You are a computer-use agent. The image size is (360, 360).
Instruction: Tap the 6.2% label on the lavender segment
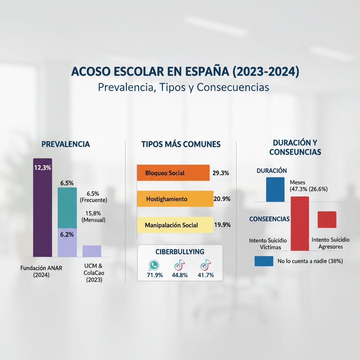point(67,235)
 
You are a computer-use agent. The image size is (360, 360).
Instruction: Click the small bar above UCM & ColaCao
point(92,251)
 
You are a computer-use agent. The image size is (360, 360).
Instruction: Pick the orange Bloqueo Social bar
point(173,173)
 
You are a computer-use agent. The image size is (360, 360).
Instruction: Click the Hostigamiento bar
point(175,199)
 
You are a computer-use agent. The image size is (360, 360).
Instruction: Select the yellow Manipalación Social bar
point(175,225)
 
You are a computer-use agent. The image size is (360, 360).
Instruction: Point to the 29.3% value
point(221,173)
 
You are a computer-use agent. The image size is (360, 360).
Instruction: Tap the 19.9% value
point(222,225)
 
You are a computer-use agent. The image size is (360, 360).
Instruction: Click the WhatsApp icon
point(154,265)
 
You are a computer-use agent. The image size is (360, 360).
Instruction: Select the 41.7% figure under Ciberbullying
point(206,275)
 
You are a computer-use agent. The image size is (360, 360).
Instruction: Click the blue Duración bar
point(275,189)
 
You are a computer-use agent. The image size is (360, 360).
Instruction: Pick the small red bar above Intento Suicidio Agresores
point(327,219)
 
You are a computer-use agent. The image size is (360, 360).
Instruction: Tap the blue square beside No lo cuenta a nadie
point(264,261)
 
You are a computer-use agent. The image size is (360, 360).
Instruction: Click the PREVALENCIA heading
point(66,144)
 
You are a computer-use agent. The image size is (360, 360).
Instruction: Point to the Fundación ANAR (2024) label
point(41,271)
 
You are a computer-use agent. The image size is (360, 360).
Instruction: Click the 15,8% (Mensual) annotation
point(94,216)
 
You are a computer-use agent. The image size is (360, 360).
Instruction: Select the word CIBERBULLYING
point(180,252)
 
